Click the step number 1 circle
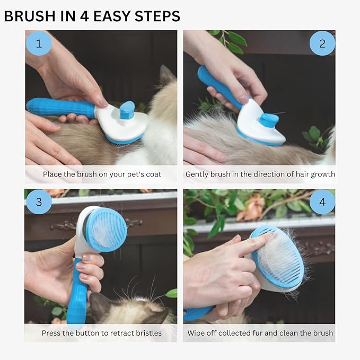click(38, 43)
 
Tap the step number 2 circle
click(322, 43)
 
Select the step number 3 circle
click(38, 202)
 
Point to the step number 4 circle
click(322, 202)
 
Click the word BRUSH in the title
click(30, 16)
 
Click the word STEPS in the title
click(155, 16)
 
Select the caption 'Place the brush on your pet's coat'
click(102, 174)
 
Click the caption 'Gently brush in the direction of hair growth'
click(260, 174)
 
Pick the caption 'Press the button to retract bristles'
click(102, 333)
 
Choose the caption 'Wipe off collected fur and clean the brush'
click(260, 333)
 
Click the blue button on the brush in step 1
click(127, 110)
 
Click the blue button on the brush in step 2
click(269, 120)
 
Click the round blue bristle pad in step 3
click(106, 229)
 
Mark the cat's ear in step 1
click(167, 77)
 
